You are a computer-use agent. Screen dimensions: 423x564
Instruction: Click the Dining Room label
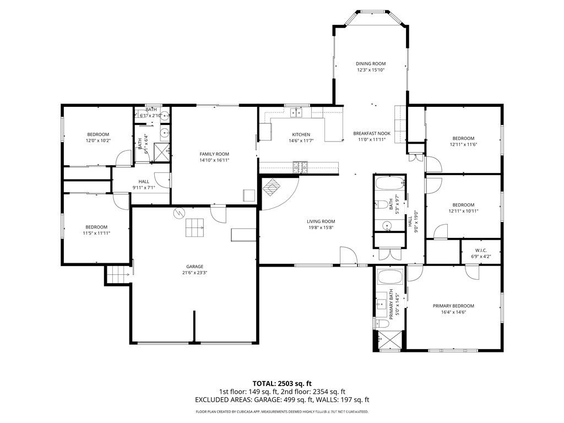pyautogui.click(x=370, y=64)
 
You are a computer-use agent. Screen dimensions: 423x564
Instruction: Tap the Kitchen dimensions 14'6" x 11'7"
pyautogui.click(x=301, y=141)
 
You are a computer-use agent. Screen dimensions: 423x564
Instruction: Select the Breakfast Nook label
pyautogui.click(x=372, y=133)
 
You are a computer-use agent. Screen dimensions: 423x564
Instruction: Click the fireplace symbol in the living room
pyautogui.click(x=272, y=187)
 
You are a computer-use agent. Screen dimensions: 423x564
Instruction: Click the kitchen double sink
pyautogui.click(x=297, y=112)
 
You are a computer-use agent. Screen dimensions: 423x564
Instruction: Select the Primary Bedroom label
pyautogui.click(x=453, y=306)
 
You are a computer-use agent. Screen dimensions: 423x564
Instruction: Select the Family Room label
pyautogui.click(x=214, y=154)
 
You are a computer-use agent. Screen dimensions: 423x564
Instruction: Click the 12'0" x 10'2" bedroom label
pyautogui.click(x=98, y=134)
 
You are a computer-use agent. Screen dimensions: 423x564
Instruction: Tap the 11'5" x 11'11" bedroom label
pyautogui.click(x=96, y=227)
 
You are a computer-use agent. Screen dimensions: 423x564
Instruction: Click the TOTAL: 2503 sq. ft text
pyautogui.click(x=281, y=383)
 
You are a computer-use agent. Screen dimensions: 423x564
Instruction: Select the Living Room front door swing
pyautogui.click(x=347, y=256)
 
